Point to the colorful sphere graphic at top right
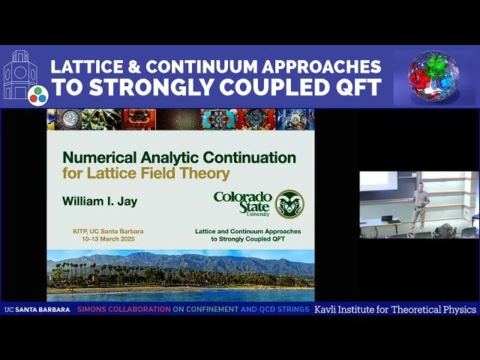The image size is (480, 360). [433, 76]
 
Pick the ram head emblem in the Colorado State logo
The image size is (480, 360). [289, 204]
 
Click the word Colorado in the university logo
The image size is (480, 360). [242, 197]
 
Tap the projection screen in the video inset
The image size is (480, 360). [378, 181]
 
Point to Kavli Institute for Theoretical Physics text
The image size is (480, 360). [395, 309]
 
